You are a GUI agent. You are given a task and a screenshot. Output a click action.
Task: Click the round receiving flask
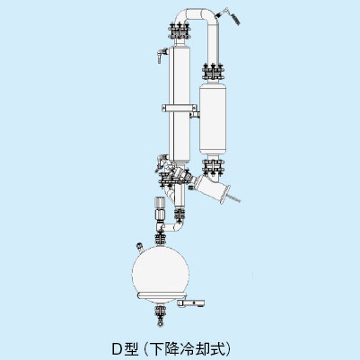(x=161, y=272)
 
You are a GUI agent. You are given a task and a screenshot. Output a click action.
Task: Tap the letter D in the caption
(x=117, y=348)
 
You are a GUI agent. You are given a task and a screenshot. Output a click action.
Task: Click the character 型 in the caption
(x=132, y=348)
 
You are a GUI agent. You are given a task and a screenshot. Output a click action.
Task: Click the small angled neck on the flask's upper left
(x=140, y=248)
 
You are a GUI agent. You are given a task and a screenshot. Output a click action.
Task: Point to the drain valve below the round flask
(x=161, y=315)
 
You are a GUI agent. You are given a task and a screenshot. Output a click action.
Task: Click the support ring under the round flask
(x=161, y=295)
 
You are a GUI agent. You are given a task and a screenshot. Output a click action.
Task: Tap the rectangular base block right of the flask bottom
(x=191, y=303)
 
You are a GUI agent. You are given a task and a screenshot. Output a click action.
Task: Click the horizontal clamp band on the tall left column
(x=180, y=108)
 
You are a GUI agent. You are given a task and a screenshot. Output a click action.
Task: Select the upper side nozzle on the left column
(x=162, y=55)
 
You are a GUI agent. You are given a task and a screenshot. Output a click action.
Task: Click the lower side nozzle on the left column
(x=162, y=160)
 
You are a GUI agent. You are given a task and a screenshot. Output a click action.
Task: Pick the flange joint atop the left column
(x=180, y=31)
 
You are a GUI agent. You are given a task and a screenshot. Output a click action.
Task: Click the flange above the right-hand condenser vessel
(x=213, y=72)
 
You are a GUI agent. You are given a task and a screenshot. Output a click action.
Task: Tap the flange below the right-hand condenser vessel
(x=213, y=167)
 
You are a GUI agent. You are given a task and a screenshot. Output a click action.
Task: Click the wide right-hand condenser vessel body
(x=213, y=119)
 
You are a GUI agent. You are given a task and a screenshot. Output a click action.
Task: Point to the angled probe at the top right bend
(x=231, y=16)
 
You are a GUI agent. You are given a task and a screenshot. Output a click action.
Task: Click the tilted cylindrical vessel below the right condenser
(x=211, y=189)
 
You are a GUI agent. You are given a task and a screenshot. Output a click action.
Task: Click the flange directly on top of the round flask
(x=161, y=239)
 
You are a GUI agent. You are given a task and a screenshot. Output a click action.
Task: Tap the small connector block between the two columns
(x=195, y=115)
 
